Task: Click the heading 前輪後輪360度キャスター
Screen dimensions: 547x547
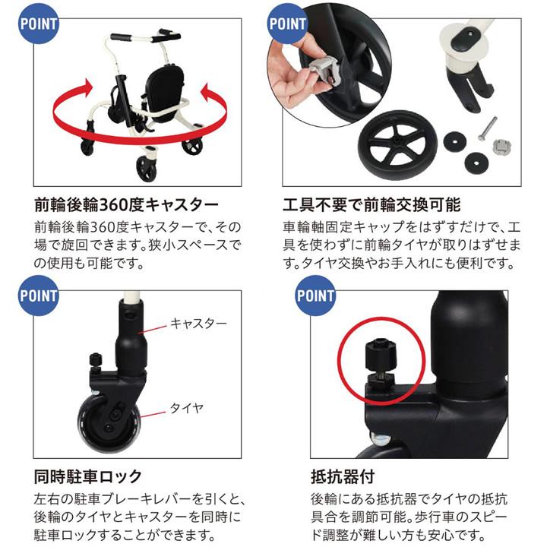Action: click(126, 205)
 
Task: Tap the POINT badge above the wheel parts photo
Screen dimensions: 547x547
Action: click(288, 22)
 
